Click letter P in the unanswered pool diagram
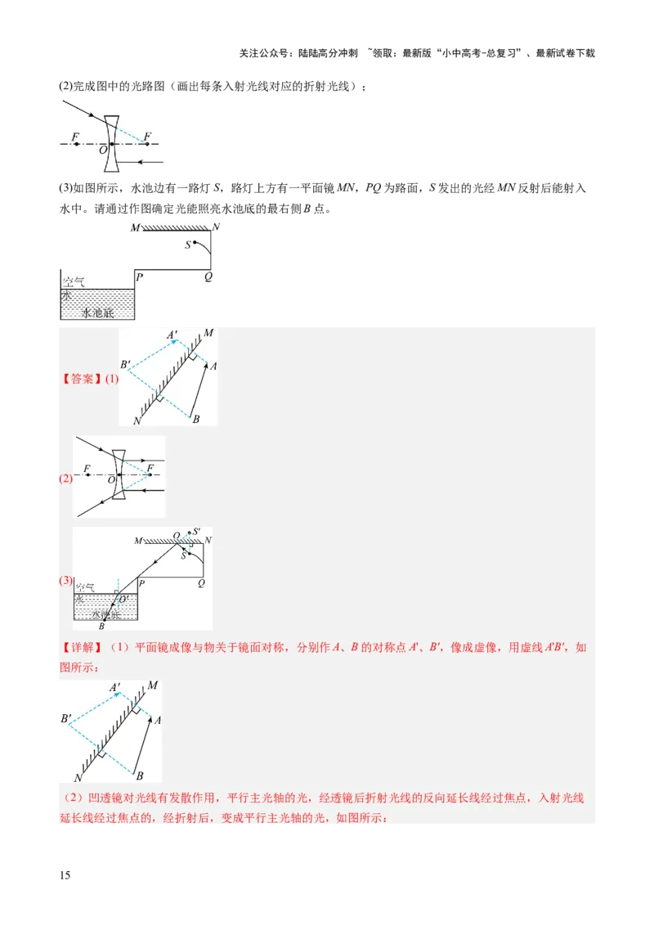(140, 276)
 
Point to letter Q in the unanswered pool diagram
(208, 276)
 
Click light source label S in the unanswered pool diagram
(187, 245)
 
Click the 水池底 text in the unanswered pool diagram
(98, 312)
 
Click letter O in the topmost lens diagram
(103, 151)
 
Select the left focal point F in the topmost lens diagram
(76, 137)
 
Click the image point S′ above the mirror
(195, 532)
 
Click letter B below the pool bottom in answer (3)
(101, 627)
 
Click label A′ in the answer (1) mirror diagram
(172, 335)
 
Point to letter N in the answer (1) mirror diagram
(136, 420)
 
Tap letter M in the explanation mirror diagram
(152, 685)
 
